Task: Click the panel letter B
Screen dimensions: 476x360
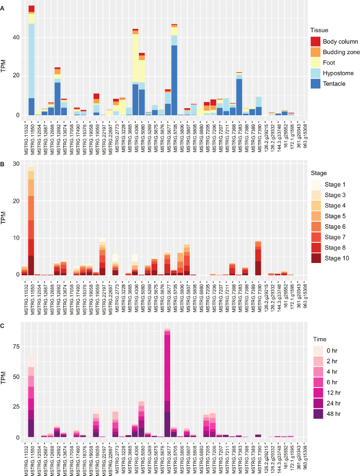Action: [3, 164]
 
